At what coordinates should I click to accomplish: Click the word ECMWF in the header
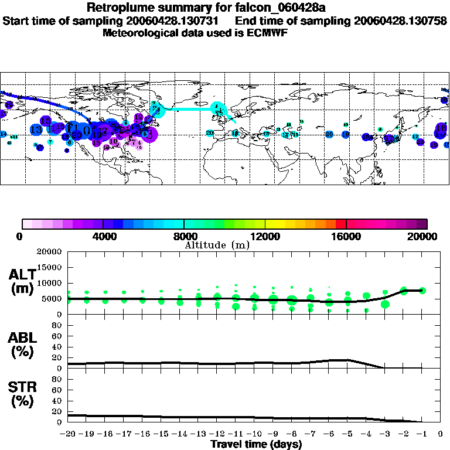(x=267, y=33)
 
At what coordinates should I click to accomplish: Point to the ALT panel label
(x=22, y=281)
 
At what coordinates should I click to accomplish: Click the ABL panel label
(x=22, y=345)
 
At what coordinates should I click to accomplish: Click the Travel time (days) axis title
(x=255, y=445)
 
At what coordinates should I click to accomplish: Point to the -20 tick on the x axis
(x=69, y=435)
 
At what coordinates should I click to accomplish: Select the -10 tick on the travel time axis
(x=254, y=435)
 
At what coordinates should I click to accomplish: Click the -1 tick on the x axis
(x=422, y=435)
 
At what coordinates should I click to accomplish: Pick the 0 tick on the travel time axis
(x=441, y=435)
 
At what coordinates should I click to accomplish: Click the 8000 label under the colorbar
(x=184, y=237)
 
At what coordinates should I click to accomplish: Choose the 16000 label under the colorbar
(x=346, y=237)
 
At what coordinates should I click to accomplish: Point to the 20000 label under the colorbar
(x=426, y=237)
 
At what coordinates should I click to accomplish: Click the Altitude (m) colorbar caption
(x=217, y=245)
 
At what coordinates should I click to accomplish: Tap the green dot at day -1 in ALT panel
(x=422, y=290)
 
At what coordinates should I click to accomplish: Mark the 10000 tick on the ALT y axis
(x=49, y=283)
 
